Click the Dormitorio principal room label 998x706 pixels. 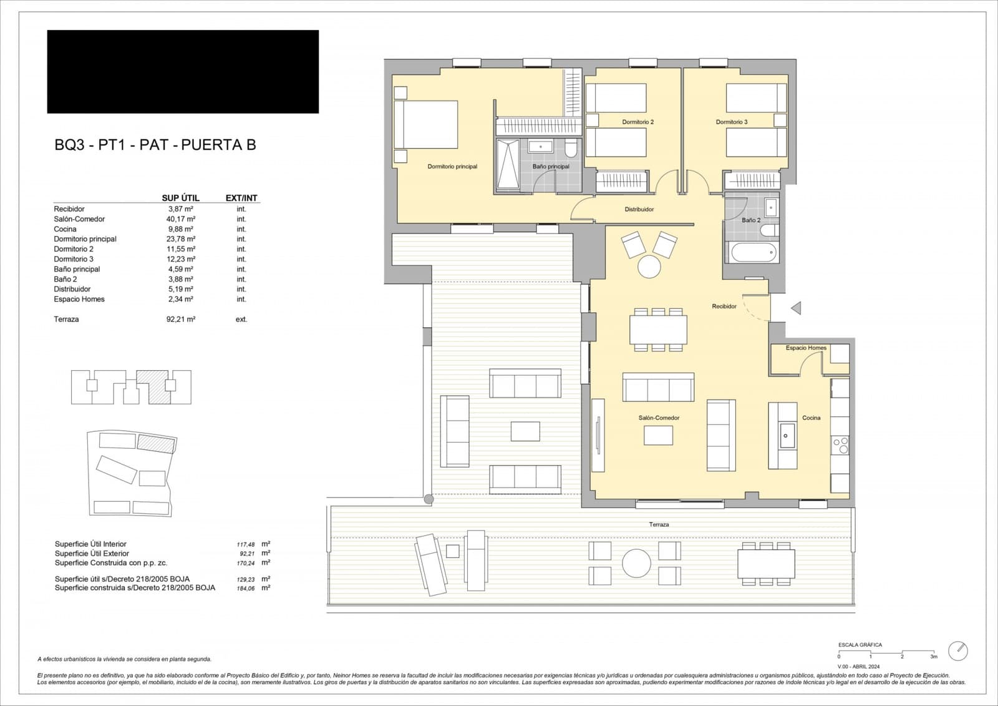pyautogui.click(x=452, y=167)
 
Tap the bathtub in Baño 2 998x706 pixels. pyautogui.click(x=753, y=253)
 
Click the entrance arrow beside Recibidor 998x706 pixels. pyautogui.click(x=795, y=308)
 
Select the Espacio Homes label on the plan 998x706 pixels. pyautogui.click(x=806, y=348)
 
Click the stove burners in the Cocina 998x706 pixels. pyautogui.click(x=840, y=445)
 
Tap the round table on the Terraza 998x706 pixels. pyautogui.click(x=636, y=563)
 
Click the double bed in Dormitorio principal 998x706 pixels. pyautogui.click(x=426, y=124)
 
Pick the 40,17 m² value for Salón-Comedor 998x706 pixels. pyautogui.click(x=181, y=219)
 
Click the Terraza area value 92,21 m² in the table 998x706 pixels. pyautogui.click(x=181, y=319)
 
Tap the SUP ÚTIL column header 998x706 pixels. pyautogui.click(x=181, y=198)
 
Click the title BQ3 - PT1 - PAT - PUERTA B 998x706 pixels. pyautogui.click(x=155, y=145)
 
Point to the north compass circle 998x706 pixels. pyautogui.click(x=957, y=650)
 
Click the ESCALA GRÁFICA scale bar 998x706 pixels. pyautogui.click(x=886, y=652)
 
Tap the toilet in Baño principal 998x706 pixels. pyautogui.click(x=569, y=149)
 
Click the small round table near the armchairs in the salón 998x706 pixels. pyautogui.click(x=649, y=267)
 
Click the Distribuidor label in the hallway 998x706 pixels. pyautogui.click(x=639, y=209)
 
